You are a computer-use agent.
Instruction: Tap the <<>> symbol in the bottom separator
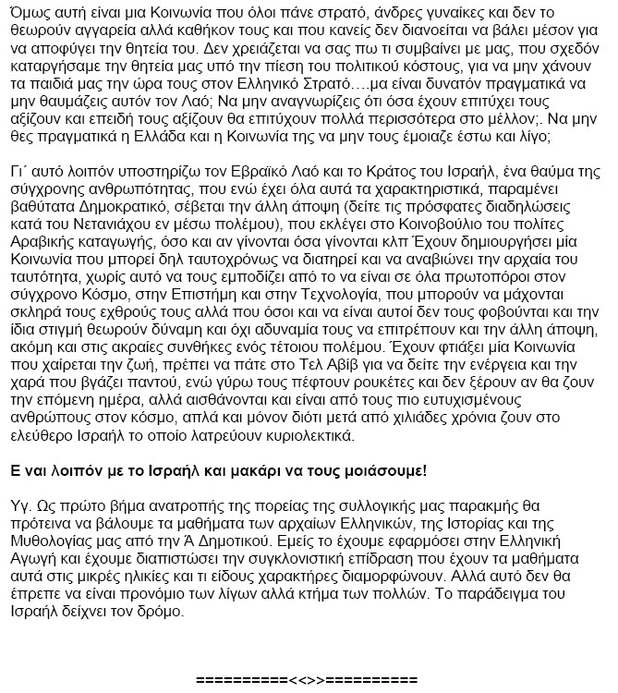(x=308, y=680)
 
